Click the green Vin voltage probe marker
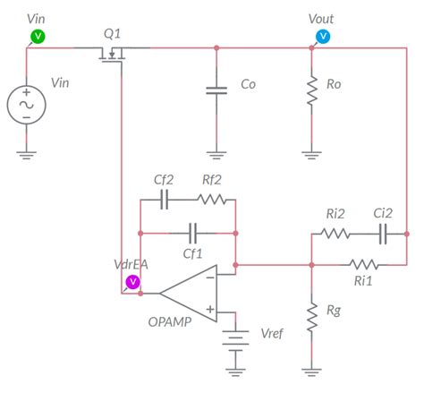pyautogui.click(x=38, y=35)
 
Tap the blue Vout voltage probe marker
pyautogui.click(x=324, y=35)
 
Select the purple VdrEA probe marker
pyautogui.click(x=132, y=281)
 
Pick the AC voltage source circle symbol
pyautogui.click(x=27, y=104)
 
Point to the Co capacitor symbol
pyautogui.click(x=216, y=89)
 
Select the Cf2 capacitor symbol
pyautogui.click(x=164, y=200)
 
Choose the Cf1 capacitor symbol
pyautogui.click(x=191, y=232)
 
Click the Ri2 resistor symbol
pyautogui.click(x=337, y=233)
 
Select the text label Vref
pyautogui.click(x=273, y=333)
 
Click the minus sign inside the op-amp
pyautogui.click(x=208, y=278)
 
